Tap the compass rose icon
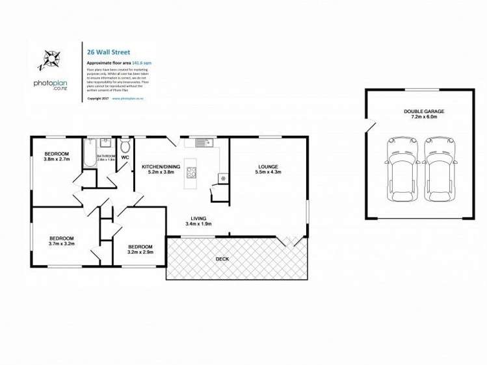click(x=49, y=60)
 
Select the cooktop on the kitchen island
click(x=192, y=172)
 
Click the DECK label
click(x=222, y=259)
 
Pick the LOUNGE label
click(x=268, y=166)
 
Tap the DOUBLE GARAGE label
click(x=424, y=112)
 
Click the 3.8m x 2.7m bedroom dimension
click(x=57, y=159)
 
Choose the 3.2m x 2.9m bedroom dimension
click(x=140, y=252)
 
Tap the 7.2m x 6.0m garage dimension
click(x=424, y=118)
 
